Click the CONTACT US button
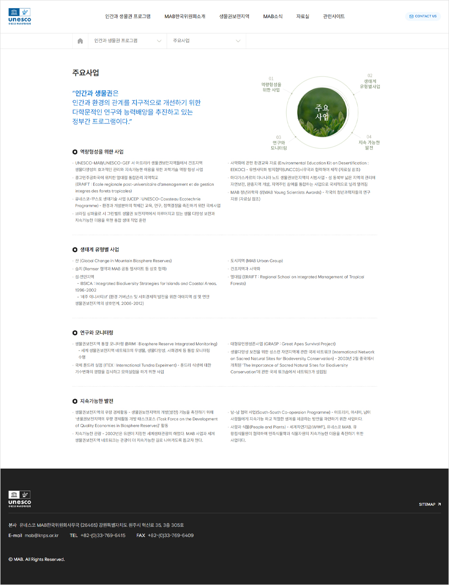coord(423,16)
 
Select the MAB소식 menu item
coord(273,16)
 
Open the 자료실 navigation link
coord(303,16)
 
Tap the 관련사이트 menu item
coord(334,16)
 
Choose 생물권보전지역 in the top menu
coord(234,16)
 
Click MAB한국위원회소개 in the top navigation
coord(185,16)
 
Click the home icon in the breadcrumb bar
coord(80,41)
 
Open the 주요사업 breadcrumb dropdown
coord(206,41)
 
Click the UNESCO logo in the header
coord(20,16)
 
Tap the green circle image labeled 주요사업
coord(322,111)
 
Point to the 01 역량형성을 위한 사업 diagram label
coord(271,85)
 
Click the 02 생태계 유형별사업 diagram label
coord(370,82)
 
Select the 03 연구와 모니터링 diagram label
coord(279,143)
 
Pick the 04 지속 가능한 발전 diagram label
coord(369,143)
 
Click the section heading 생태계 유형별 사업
coord(99,250)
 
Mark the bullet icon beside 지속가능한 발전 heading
coord(75,401)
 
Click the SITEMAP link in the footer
coord(429,504)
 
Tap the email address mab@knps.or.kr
coord(42,536)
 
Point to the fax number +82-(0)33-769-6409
coord(170,536)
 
